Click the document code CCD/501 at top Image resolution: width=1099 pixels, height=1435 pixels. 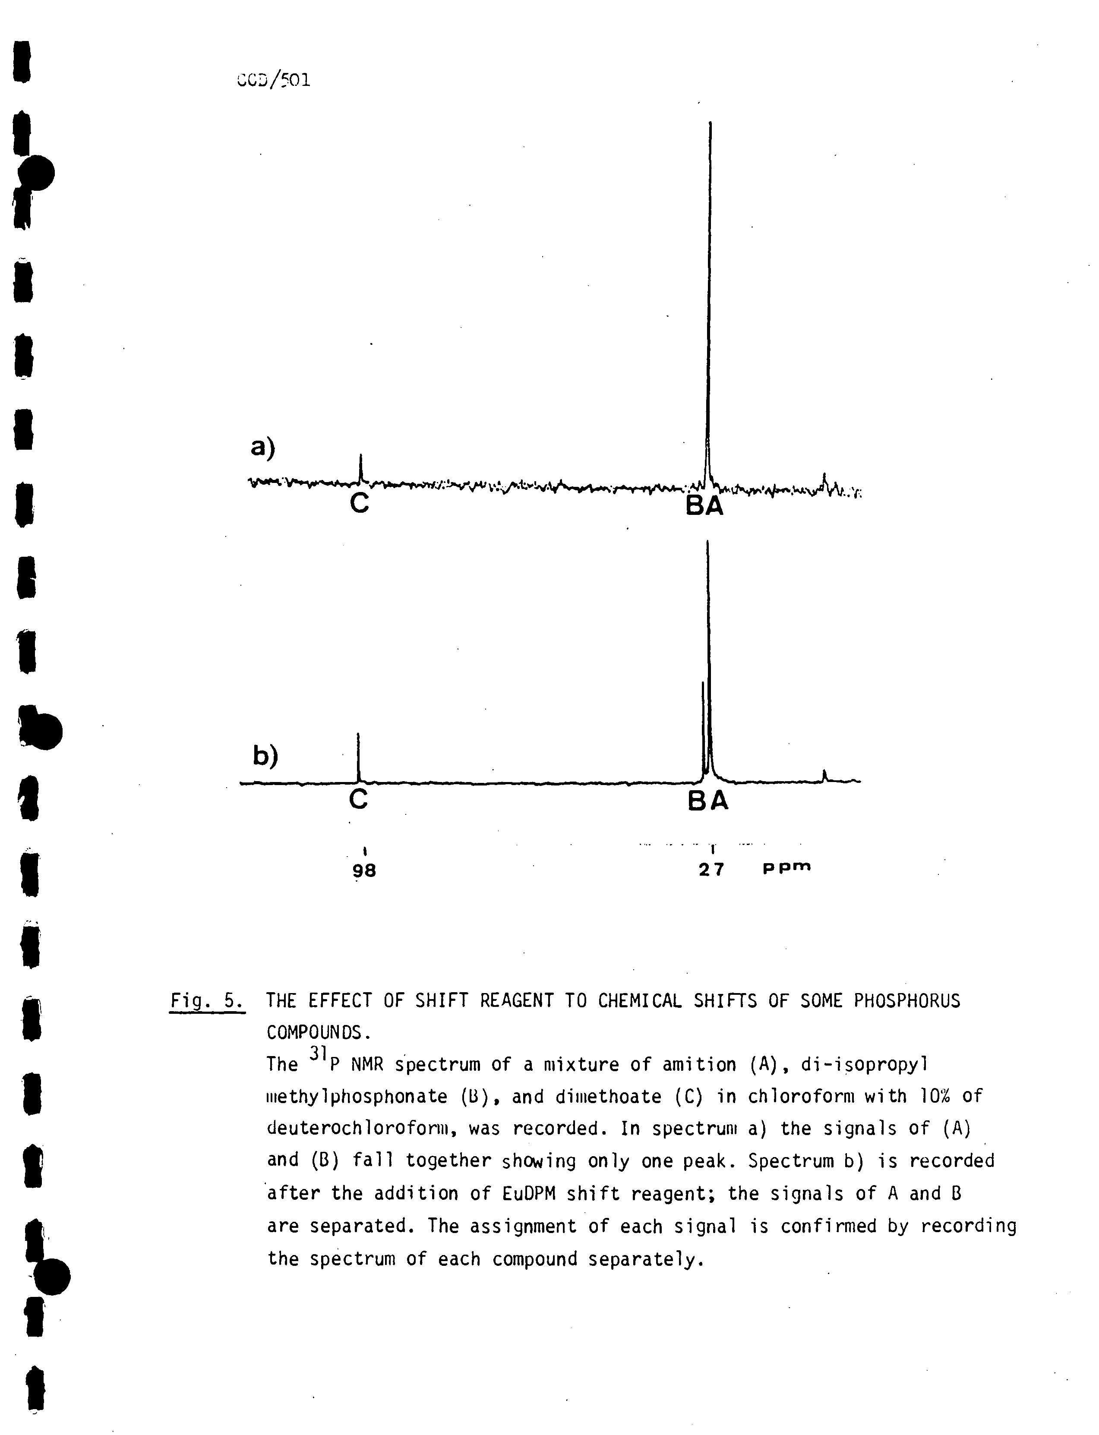click(x=273, y=80)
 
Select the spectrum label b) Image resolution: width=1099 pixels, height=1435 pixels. click(x=265, y=755)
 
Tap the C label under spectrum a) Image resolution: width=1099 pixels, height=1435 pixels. click(x=359, y=503)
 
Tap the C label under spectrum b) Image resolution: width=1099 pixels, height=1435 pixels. click(x=358, y=798)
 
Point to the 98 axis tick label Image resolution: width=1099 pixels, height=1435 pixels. click(x=364, y=870)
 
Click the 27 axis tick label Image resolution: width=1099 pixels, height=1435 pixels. click(x=711, y=869)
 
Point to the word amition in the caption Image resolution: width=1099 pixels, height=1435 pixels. click(x=699, y=1065)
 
